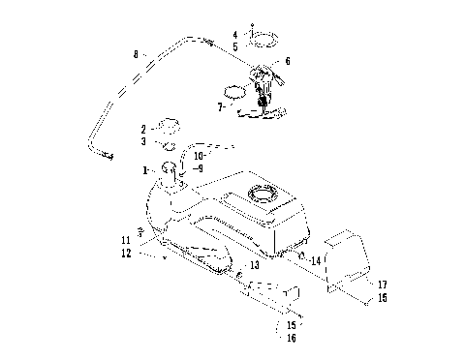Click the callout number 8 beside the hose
[x=136, y=53]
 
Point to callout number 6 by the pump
[x=287, y=61]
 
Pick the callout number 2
[x=143, y=128]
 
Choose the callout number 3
[x=143, y=141]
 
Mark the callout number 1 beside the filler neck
[x=146, y=169]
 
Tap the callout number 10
[x=199, y=154]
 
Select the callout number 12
[x=126, y=254]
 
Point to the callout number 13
[x=255, y=264]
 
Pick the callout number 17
[x=382, y=285]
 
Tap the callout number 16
[x=291, y=338]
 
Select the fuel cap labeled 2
[x=170, y=126]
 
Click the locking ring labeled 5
[x=262, y=40]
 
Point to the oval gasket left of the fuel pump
[x=237, y=95]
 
